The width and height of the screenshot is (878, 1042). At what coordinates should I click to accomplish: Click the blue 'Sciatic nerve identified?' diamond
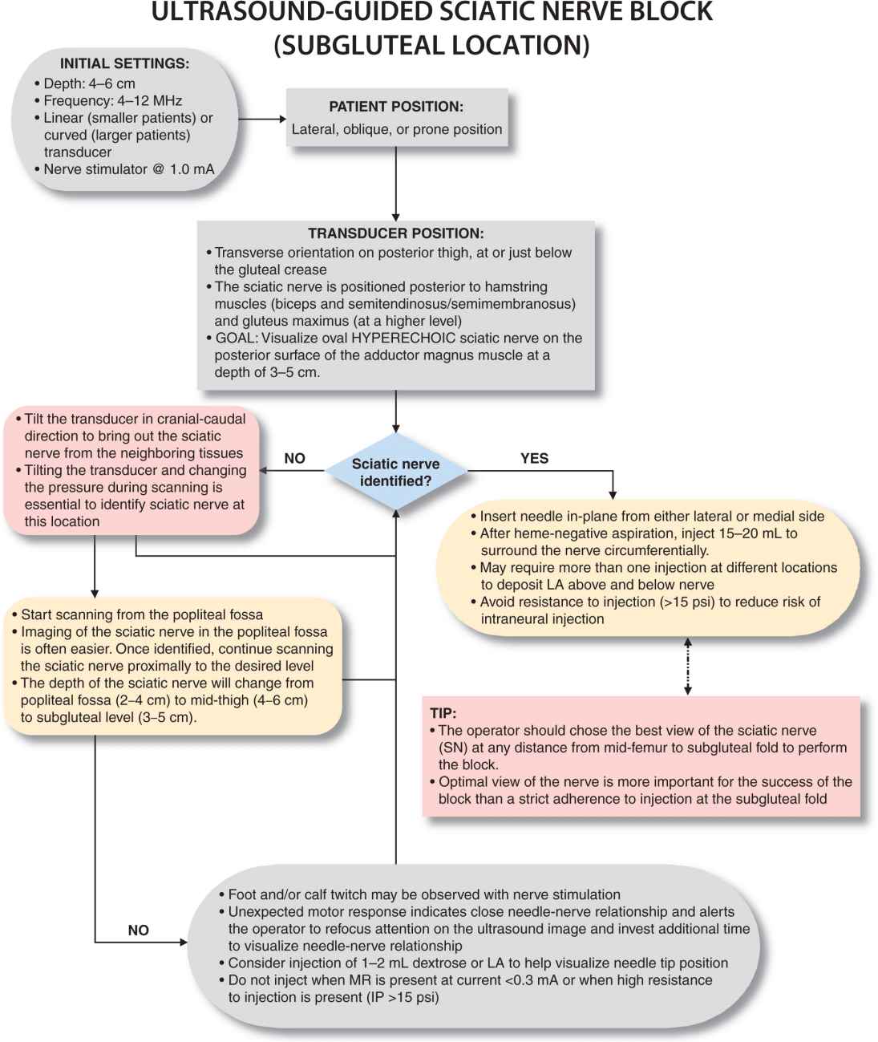395,472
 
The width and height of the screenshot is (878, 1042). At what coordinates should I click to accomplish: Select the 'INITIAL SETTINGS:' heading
124,63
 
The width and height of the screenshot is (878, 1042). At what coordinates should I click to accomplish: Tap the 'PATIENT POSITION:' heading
396,106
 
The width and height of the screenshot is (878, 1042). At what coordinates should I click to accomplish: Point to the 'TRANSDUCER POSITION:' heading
396,233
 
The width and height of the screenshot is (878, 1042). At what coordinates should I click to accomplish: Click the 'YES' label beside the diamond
534,458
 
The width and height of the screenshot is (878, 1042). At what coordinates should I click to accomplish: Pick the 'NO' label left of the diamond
294,458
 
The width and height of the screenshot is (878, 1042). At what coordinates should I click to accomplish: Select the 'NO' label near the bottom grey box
138,930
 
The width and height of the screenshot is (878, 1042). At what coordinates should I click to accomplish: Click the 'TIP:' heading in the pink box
443,713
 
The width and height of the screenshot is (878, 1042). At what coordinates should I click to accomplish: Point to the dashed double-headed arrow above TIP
687,666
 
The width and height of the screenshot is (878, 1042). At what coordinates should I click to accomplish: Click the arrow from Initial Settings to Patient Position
262,120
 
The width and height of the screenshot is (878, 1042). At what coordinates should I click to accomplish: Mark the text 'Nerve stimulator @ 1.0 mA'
129,169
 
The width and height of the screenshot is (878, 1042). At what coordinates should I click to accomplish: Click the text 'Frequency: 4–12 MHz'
113,101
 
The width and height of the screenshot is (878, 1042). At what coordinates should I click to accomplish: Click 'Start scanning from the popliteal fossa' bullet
142,614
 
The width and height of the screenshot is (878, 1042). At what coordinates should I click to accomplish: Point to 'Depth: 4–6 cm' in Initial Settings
89,83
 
